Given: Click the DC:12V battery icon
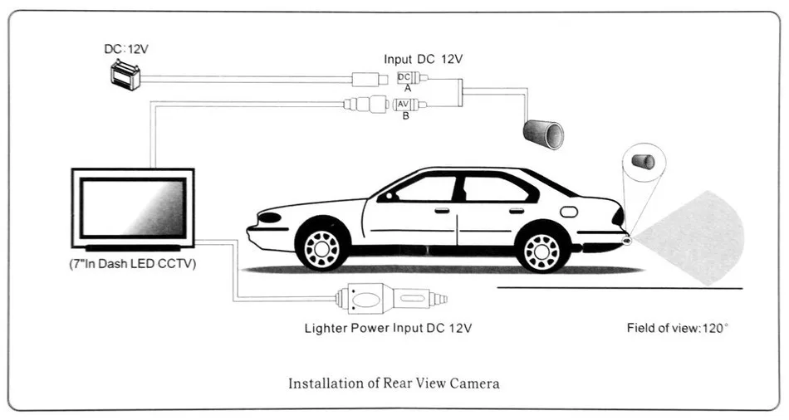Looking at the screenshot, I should (x=126, y=76).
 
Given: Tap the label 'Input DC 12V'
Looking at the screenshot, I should (x=423, y=59).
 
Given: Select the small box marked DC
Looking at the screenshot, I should (x=404, y=77).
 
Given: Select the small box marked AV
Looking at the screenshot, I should (x=404, y=104).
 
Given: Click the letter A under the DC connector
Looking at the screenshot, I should (x=407, y=88).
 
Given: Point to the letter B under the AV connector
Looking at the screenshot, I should (x=405, y=115).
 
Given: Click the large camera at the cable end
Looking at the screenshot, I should (x=543, y=133).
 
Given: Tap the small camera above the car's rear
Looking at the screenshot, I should (x=644, y=160).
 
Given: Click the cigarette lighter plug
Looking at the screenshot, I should (x=390, y=299).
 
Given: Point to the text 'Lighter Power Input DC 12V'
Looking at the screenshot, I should (x=388, y=328).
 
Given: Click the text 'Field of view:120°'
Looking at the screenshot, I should (x=677, y=328).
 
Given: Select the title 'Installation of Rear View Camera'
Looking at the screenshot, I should (x=394, y=383).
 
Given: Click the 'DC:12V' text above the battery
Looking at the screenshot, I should (x=126, y=49).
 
